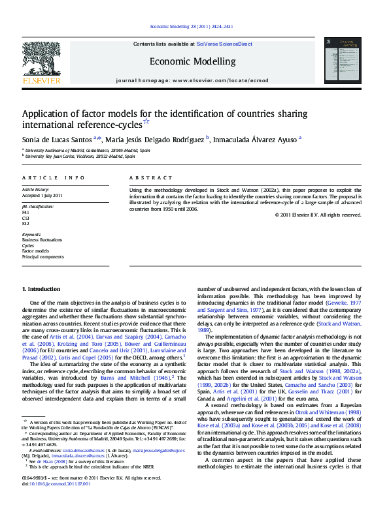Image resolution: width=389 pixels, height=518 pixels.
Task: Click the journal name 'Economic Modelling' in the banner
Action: pos(192,61)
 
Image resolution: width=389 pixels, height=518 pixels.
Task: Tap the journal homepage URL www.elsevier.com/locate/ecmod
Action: pos(220,80)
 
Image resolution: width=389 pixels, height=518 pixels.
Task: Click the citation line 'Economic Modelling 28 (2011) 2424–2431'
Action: pos(192,27)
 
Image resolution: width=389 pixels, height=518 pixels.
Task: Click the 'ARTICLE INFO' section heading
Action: pos(53,177)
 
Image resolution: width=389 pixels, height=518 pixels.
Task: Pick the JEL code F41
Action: pos(26,212)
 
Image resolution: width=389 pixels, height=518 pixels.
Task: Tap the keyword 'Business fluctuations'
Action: pos(42,240)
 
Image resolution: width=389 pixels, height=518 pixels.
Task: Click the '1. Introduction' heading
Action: pos(42,288)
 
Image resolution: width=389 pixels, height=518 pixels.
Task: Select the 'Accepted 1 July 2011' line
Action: pos(42,195)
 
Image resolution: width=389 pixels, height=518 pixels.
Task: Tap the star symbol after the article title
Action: pos(146,121)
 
